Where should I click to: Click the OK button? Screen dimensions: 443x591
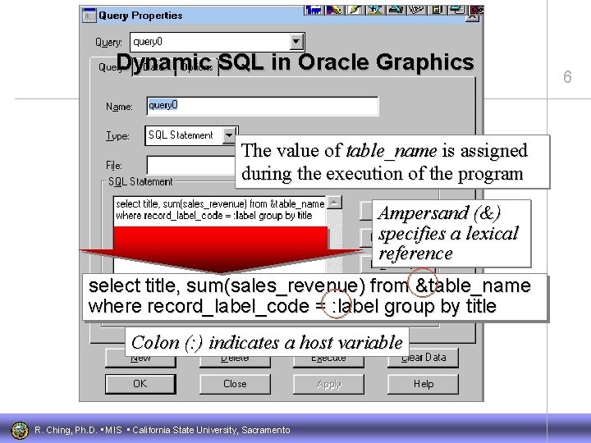pos(140,383)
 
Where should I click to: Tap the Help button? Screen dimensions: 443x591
pos(424,383)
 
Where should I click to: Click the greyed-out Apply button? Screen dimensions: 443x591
pos(328,383)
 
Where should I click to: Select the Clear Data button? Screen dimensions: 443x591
pos(424,357)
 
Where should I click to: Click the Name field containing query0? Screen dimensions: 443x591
pos(262,106)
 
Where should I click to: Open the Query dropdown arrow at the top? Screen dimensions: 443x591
pos(297,41)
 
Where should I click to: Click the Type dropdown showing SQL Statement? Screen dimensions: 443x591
pos(191,135)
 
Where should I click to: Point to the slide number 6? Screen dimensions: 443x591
pos(566,77)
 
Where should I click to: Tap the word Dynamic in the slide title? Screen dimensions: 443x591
pos(163,62)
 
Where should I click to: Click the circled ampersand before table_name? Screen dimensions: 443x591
pos(423,285)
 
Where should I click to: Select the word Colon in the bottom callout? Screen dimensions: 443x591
pos(155,342)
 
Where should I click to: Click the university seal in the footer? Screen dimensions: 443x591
pos(18,430)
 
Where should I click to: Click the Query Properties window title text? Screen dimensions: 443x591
pos(130,15)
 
